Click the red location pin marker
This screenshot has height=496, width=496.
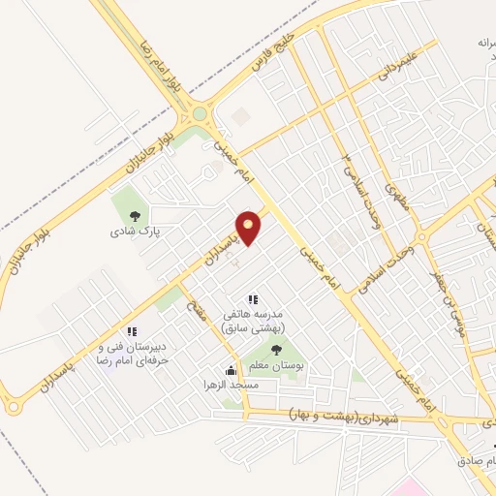pos(249,229)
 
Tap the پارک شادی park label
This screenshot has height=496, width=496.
pos(134,232)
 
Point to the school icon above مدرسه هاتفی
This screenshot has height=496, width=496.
pos(254,301)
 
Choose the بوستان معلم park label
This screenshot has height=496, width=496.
pos(278,369)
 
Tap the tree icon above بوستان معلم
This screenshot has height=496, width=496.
pos(277,351)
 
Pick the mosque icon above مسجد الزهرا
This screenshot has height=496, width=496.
pos(231,370)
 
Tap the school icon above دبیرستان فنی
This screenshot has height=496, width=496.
pos(132,332)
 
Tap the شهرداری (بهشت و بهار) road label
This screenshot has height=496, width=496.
pos(343,416)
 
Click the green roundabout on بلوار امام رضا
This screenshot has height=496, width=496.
pos(201,114)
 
